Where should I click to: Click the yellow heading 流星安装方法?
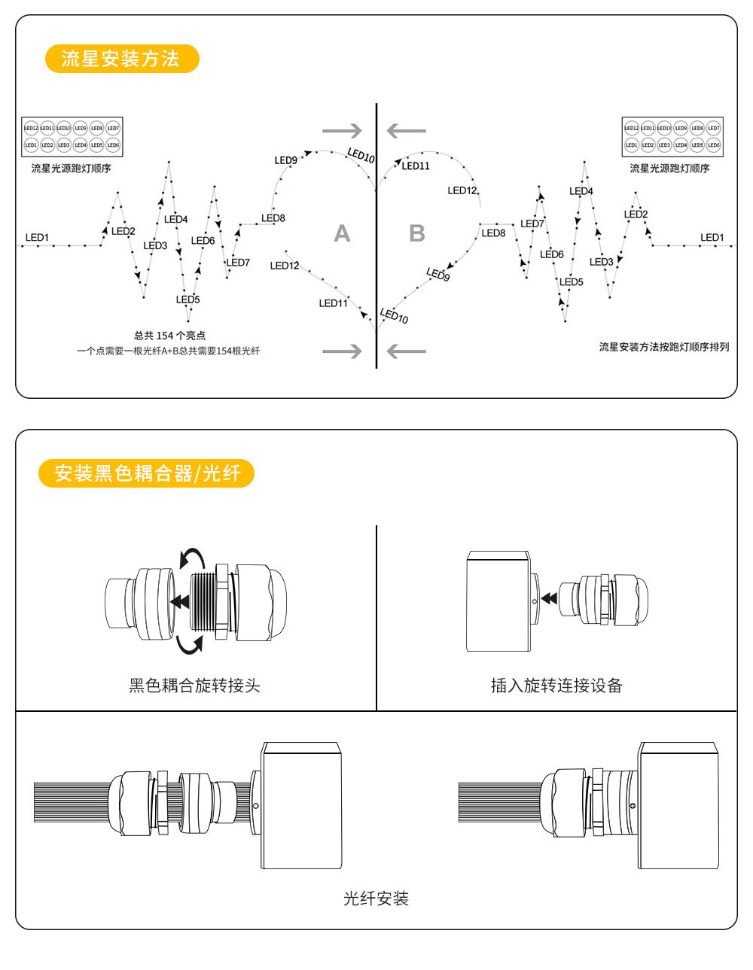pyautogui.click(x=120, y=59)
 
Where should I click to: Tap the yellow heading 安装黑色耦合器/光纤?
pyautogui.click(x=147, y=473)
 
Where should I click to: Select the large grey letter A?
pyautogui.click(x=342, y=234)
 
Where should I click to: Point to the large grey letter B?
pyautogui.click(x=416, y=234)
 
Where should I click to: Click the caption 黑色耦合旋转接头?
pyautogui.click(x=194, y=686)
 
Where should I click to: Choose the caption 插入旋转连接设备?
pyautogui.click(x=556, y=686)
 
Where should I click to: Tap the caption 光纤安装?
pyautogui.click(x=376, y=899)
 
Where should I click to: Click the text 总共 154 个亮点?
pyautogui.click(x=169, y=336)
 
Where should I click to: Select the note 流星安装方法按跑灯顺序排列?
pyautogui.click(x=663, y=347)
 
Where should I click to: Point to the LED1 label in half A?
pyautogui.click(x=37, y=238)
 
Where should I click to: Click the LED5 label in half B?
pyautogui.click(x=572, y=282)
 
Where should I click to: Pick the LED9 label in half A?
pyautogui.click(x=285, y=160)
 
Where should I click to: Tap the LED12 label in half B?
pyautogui.click(x=462, y=191)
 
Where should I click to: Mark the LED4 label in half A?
pyautogui.click(x=175, y=220)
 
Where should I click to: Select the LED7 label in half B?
pyautogui.click(x=532, y=224)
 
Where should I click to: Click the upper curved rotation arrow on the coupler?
pyautogui.click(x=193, y=558)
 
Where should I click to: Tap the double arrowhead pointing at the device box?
pyautogui.click(x=550, y=598)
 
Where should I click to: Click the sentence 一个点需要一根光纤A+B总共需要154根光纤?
pyautogui.click(x=168, y=351)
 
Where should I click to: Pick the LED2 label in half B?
pyautogui.click(x=636, y=214)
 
